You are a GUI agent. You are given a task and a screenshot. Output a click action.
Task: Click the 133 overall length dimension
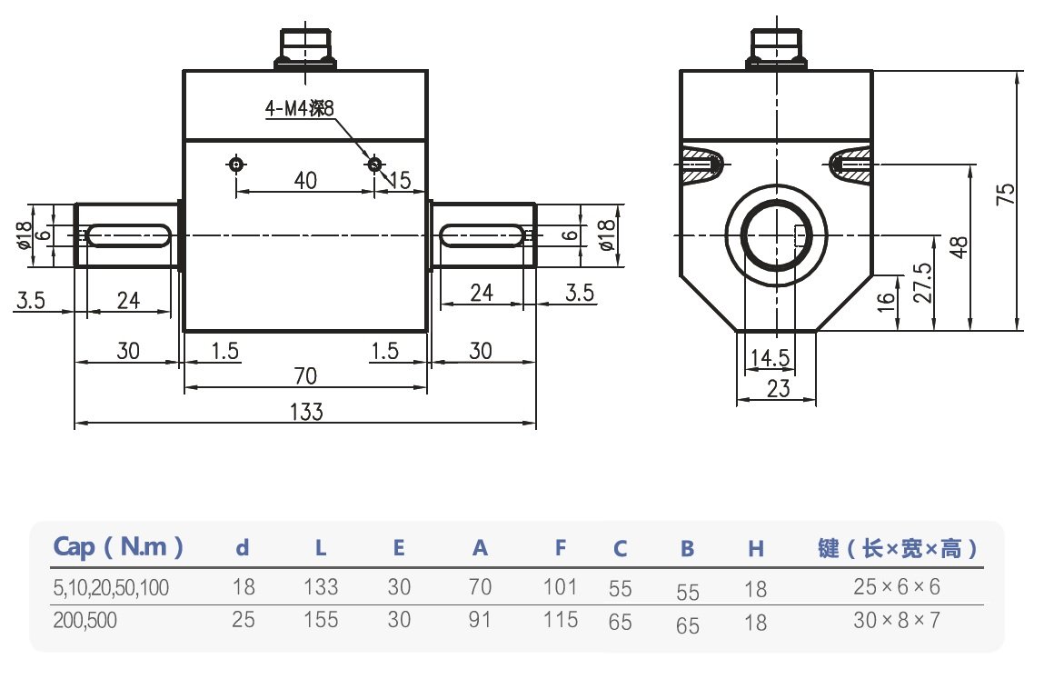coord(307,412)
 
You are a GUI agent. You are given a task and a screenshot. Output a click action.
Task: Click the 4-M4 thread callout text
coord(300,109)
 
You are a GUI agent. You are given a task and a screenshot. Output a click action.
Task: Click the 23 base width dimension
coord(778,389)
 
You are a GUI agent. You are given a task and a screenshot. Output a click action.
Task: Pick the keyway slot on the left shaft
coord(127,235)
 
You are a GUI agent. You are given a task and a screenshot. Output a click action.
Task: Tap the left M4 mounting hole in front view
coord(236,165)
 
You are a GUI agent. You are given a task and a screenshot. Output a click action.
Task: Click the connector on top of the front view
coord(305,48)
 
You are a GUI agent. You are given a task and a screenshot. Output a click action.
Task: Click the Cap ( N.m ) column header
coord(119,547)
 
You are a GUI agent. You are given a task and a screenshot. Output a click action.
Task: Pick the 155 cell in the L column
coord(321,620)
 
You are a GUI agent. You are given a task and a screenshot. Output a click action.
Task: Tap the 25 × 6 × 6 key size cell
coord(897,586)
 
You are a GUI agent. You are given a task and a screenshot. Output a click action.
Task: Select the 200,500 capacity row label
coord(85,621)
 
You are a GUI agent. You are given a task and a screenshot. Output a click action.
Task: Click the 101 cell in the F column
coord(560,586)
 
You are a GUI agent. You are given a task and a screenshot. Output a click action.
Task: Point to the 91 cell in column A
coord(480,620)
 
